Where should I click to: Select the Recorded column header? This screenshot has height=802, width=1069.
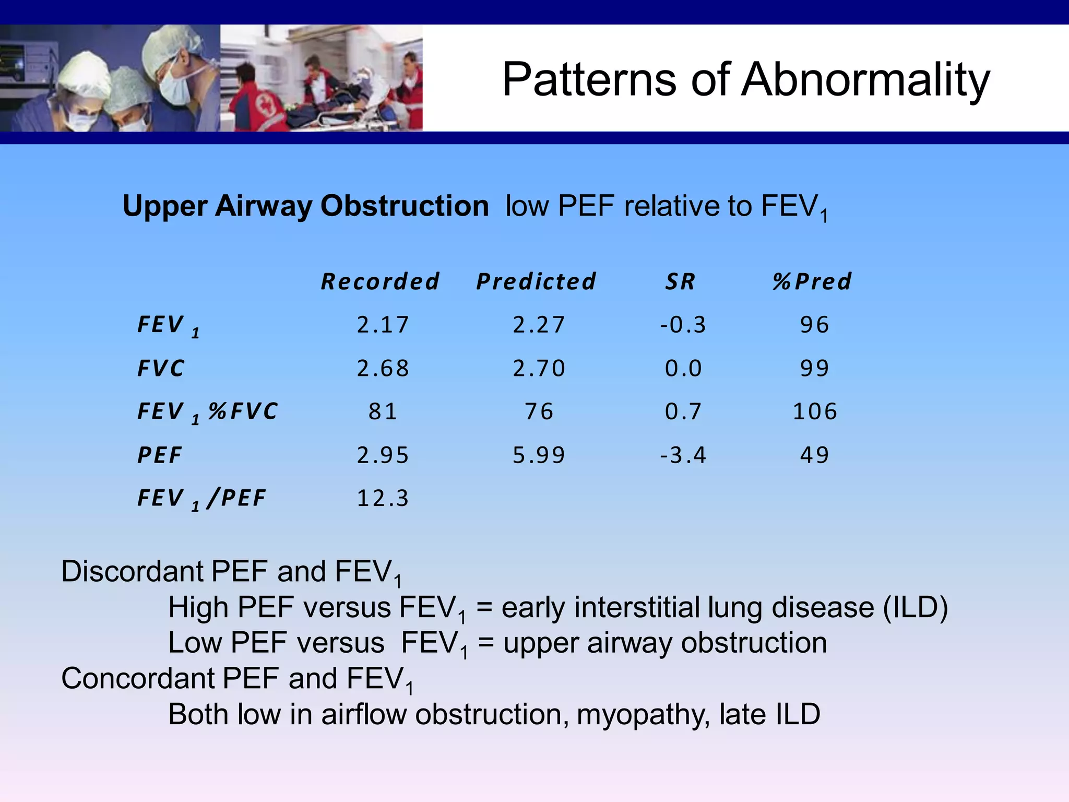pyautogui.click(x=380, y=281)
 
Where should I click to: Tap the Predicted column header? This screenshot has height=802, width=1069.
pyautogui.click(x=536, y=281)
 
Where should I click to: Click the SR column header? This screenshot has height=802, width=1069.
pyautogui.click(x=680, y=281)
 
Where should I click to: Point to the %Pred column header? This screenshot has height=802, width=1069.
pyautogui.click(x=812, y=281)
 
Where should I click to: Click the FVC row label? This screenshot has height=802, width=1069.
pyautogui.click(x=161, y=369)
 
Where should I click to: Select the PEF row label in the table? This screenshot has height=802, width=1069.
pyautogui.click(x=160, y=455)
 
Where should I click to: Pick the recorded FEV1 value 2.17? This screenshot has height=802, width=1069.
pyautogui.click(x=383, y=325)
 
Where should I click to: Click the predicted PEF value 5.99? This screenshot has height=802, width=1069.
pyautogui.click(x=539, y=455)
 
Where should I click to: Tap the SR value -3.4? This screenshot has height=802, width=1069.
pyautogui.click(x=683, y=455)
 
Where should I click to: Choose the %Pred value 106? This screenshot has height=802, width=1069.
pyautogui.click(x=815, y=411)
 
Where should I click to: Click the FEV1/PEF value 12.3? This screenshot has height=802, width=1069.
pyautogui.click(x=383, y=498)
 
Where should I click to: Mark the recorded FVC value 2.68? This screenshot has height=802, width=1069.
pyautogui.click(x=383, y=369)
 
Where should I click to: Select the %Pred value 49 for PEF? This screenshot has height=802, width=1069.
pyautogui.click(x=815, y=455)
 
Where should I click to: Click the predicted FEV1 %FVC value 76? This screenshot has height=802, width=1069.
pyautogui.click(x=539, y=411)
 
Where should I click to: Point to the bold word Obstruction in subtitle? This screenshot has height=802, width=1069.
pyautogui.click(x=404, y=206)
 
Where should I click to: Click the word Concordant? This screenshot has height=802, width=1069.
pyautogui.click(x=137, y=678)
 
